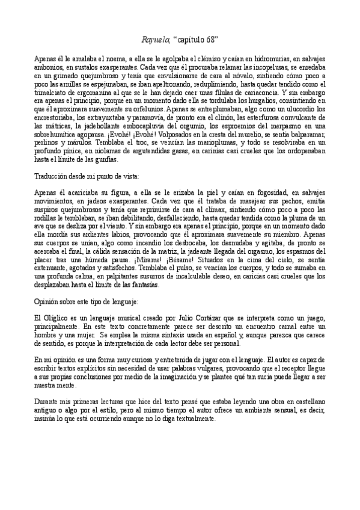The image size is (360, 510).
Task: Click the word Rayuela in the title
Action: [x=155, y=39]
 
